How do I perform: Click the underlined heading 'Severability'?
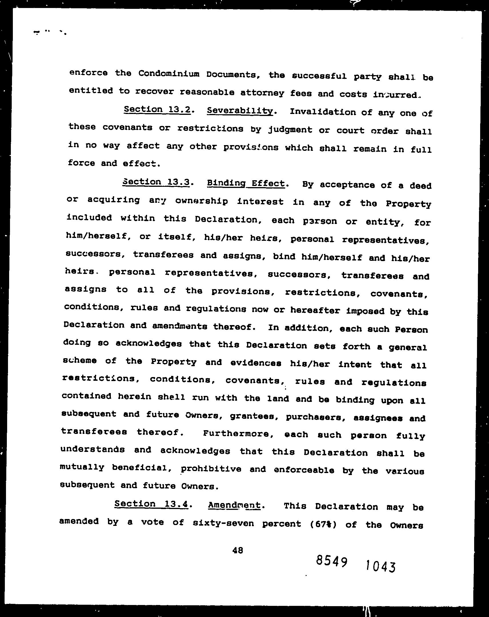[239, 111]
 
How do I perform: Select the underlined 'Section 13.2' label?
[157, 110]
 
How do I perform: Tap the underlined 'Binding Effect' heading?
[246, 183]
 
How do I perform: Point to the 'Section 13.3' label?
[156, 182]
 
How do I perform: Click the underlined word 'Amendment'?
[234, 505]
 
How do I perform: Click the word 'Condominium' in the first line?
[169, 74]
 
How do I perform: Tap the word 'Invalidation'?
[323, 112]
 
